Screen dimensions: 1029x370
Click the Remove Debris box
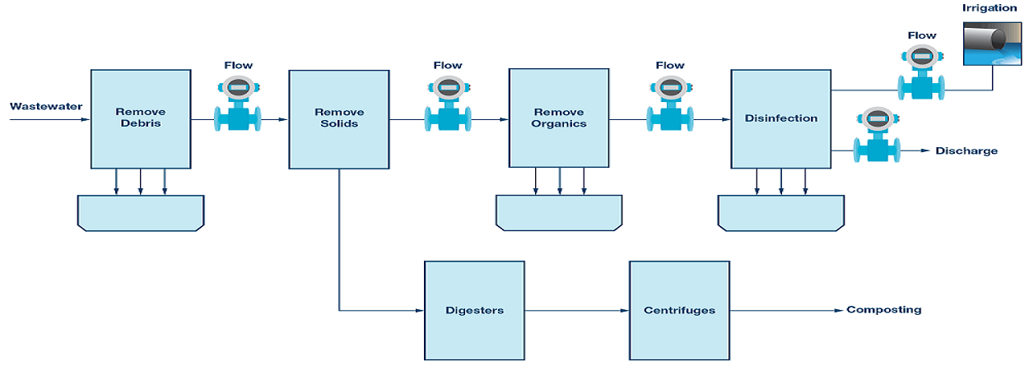click(x=141, y=119)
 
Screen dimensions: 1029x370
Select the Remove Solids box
click(x=339, y=119)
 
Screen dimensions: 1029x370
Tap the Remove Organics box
click(x=559, y=118)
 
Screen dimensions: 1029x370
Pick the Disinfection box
click(x=781, y=119)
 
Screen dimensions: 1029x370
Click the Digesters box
click(x=474, y=311)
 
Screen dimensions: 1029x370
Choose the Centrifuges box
click(x=679, y=311)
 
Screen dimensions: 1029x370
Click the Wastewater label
click(x=46, y=107)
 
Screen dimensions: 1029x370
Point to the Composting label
click(x=884, y=310)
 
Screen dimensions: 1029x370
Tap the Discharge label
click(x=966, y=151)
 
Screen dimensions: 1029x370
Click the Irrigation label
click(x=989, y=7)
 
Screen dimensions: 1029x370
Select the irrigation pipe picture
click(x=992, y=44)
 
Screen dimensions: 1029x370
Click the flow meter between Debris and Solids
click(x=238, y=104)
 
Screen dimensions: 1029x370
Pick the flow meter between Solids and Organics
click(x=448, y=104)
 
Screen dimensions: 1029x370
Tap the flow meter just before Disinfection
click(x=670, y=104)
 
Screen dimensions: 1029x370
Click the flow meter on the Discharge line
click(x=878, y=135)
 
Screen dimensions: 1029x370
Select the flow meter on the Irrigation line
click(x=921, y=73)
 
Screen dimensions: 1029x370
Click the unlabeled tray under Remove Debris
click(x=141, y=213)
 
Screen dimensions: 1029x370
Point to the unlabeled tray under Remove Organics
click(x=559, y=212)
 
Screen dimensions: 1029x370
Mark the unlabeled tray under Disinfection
click(x=781, y=213)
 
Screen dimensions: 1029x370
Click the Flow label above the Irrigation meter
click(x=921, y=35)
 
